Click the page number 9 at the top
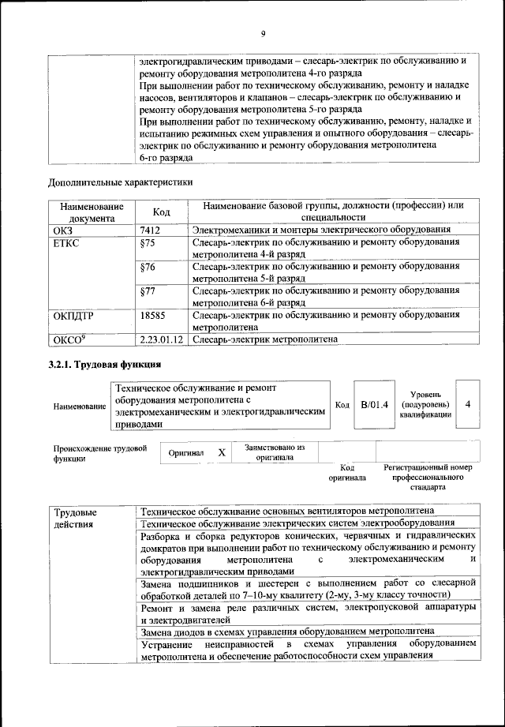pos(263,32)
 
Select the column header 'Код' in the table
pos(161,212)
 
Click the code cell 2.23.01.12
pos(160,339)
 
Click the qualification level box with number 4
pos(468,404)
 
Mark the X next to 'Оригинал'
pos(222,453)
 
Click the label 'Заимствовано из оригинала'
pos(274,452)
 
